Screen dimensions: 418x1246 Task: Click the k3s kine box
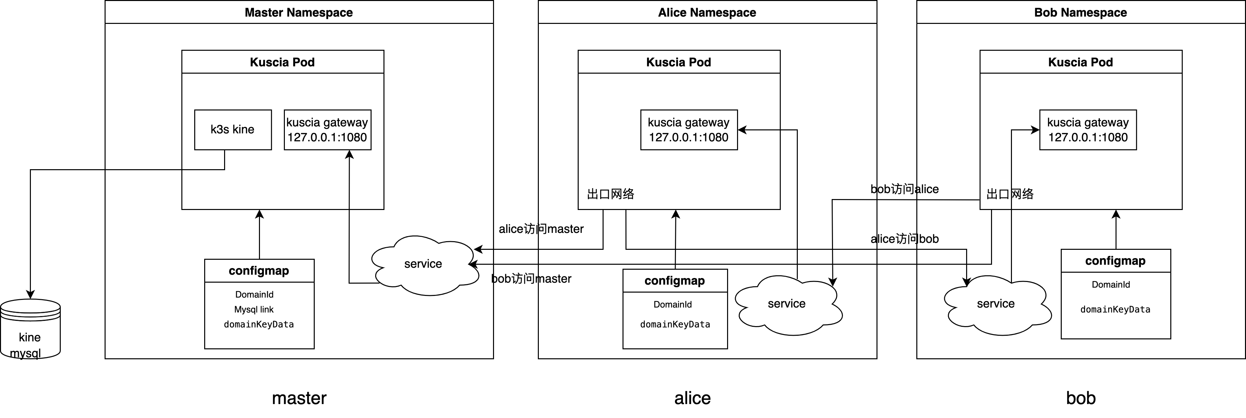click(233, 129)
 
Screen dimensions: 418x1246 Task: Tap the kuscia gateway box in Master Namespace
click(327, 129)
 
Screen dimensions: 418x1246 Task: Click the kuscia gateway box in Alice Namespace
click(689, 129)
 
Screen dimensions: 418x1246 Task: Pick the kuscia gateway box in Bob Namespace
click(1088, 129)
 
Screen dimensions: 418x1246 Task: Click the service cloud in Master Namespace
click(423, 264)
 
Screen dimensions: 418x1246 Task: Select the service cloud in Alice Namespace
click(787, 305)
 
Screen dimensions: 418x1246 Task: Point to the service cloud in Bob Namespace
click(996, 305)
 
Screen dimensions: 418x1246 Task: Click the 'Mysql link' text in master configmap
click(254, 309)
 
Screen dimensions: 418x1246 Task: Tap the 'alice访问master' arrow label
click(541, 229)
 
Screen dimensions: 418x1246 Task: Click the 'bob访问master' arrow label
click(531, 279)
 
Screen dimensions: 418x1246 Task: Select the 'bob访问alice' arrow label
click(904, 189)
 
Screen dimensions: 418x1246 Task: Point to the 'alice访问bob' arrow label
click(904, 239)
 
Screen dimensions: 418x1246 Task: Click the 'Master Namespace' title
click(299, 13)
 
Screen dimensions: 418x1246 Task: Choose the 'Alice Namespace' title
click(707, 13)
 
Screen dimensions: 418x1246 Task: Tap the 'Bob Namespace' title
click(1081, 13)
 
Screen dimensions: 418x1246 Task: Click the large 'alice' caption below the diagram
click(693, 398)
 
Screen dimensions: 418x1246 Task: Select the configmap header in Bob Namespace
click(1116, 261)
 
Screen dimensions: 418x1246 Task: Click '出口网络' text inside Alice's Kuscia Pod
click(611, 194)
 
